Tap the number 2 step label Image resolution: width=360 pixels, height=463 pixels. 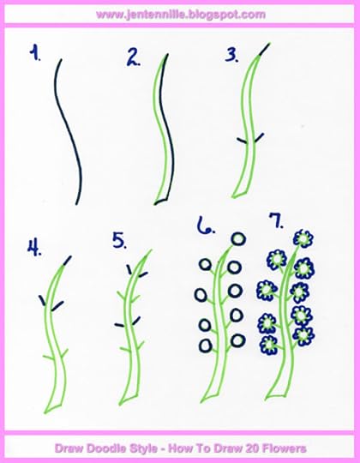134,57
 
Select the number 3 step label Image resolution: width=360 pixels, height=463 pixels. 231,57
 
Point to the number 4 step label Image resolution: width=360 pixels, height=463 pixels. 35,248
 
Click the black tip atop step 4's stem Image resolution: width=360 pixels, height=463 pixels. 69,258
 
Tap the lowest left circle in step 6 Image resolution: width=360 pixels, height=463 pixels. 204,346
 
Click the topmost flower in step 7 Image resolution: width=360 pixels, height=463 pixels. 303,238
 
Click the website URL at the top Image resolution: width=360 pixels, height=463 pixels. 180,15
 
